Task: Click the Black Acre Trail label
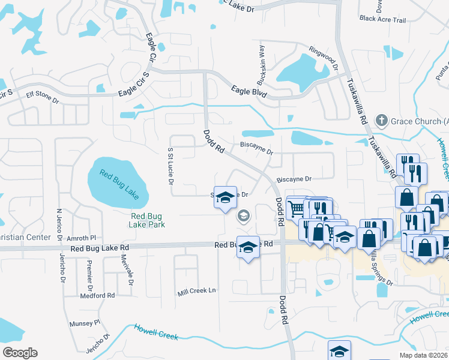click(x=383, y=20)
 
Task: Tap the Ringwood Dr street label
click(x=323, y=58)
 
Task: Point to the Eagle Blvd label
click(x=249, y=92)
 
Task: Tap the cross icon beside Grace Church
click(x=380, y=121)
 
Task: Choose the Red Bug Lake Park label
click(x=147, y=220)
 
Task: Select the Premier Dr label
click(x=88, y=272)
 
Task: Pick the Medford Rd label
click(x=97, y=296)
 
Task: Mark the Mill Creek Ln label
click(x=196, y=292)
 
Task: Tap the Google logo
click(x=20, y=353)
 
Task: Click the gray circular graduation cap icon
click(x=244, y=216)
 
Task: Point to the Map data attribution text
click(x=424, y=355)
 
